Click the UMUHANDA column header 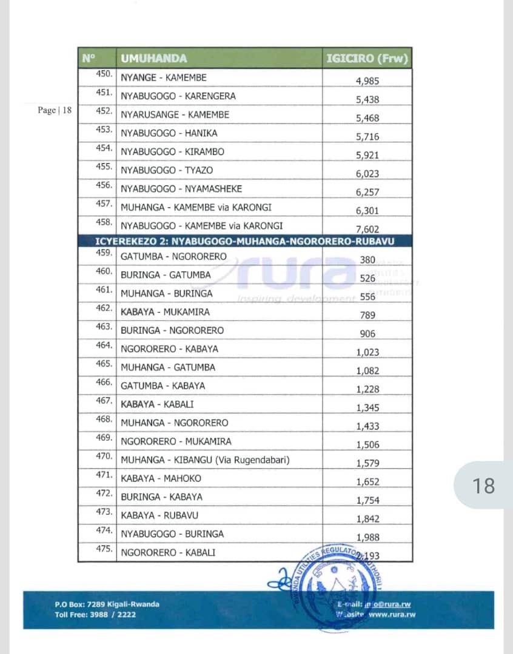[x=154, y=59]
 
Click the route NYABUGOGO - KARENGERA [x=178, y=96]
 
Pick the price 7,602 [x=367, y=230]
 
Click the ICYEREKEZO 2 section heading [x=245, y=242]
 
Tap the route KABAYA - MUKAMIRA [x=165, y=312]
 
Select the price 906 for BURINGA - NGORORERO [x=367, y=334]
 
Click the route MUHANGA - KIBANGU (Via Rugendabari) [x=205, y=460]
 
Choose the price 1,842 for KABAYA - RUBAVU [x=367, y=519]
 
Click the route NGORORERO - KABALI [x=168, y=552]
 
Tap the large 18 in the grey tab [x=483, y=486]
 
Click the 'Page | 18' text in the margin [x=55, y=110]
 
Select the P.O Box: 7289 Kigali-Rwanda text [x=107, y=604]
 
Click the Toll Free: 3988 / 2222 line [x=95, y=615]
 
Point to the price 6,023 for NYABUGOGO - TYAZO [x=367, y=174]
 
